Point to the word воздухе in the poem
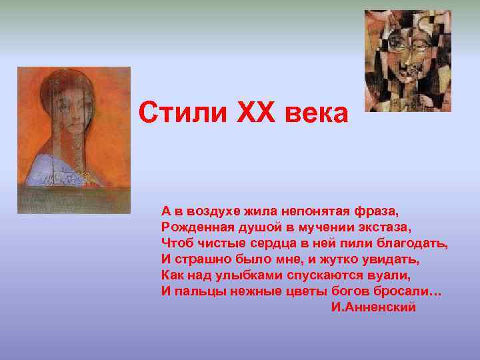pyautogui.click(x=212, y=211)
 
